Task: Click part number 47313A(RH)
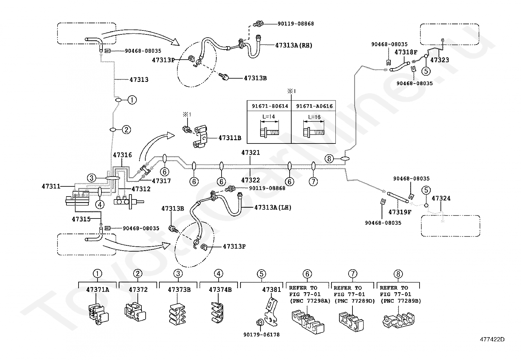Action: click(294, 45)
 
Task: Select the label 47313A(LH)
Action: click(273, 207)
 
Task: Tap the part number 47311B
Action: click(230, 138)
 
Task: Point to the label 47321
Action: click(250, 153)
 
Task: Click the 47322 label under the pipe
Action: click(250, 180)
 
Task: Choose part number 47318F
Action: click(406, 52)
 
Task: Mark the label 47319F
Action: click(400, 212)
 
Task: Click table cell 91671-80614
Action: click(270, 106)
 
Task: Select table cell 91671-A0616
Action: click(314, 106)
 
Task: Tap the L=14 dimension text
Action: click(269, 117)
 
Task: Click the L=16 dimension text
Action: click(314, 117)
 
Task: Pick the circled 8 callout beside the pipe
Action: click(329, 159)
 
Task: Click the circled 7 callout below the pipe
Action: click(313, 181)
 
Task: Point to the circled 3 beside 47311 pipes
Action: click(91, 178)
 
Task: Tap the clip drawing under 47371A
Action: click(99, 314)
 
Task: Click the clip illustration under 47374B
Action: click(218, 313)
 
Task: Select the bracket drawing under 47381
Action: click(271, 312)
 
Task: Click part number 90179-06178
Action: click(261, 335)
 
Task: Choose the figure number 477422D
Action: click(492, 339)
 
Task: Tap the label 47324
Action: click(441, 199)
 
